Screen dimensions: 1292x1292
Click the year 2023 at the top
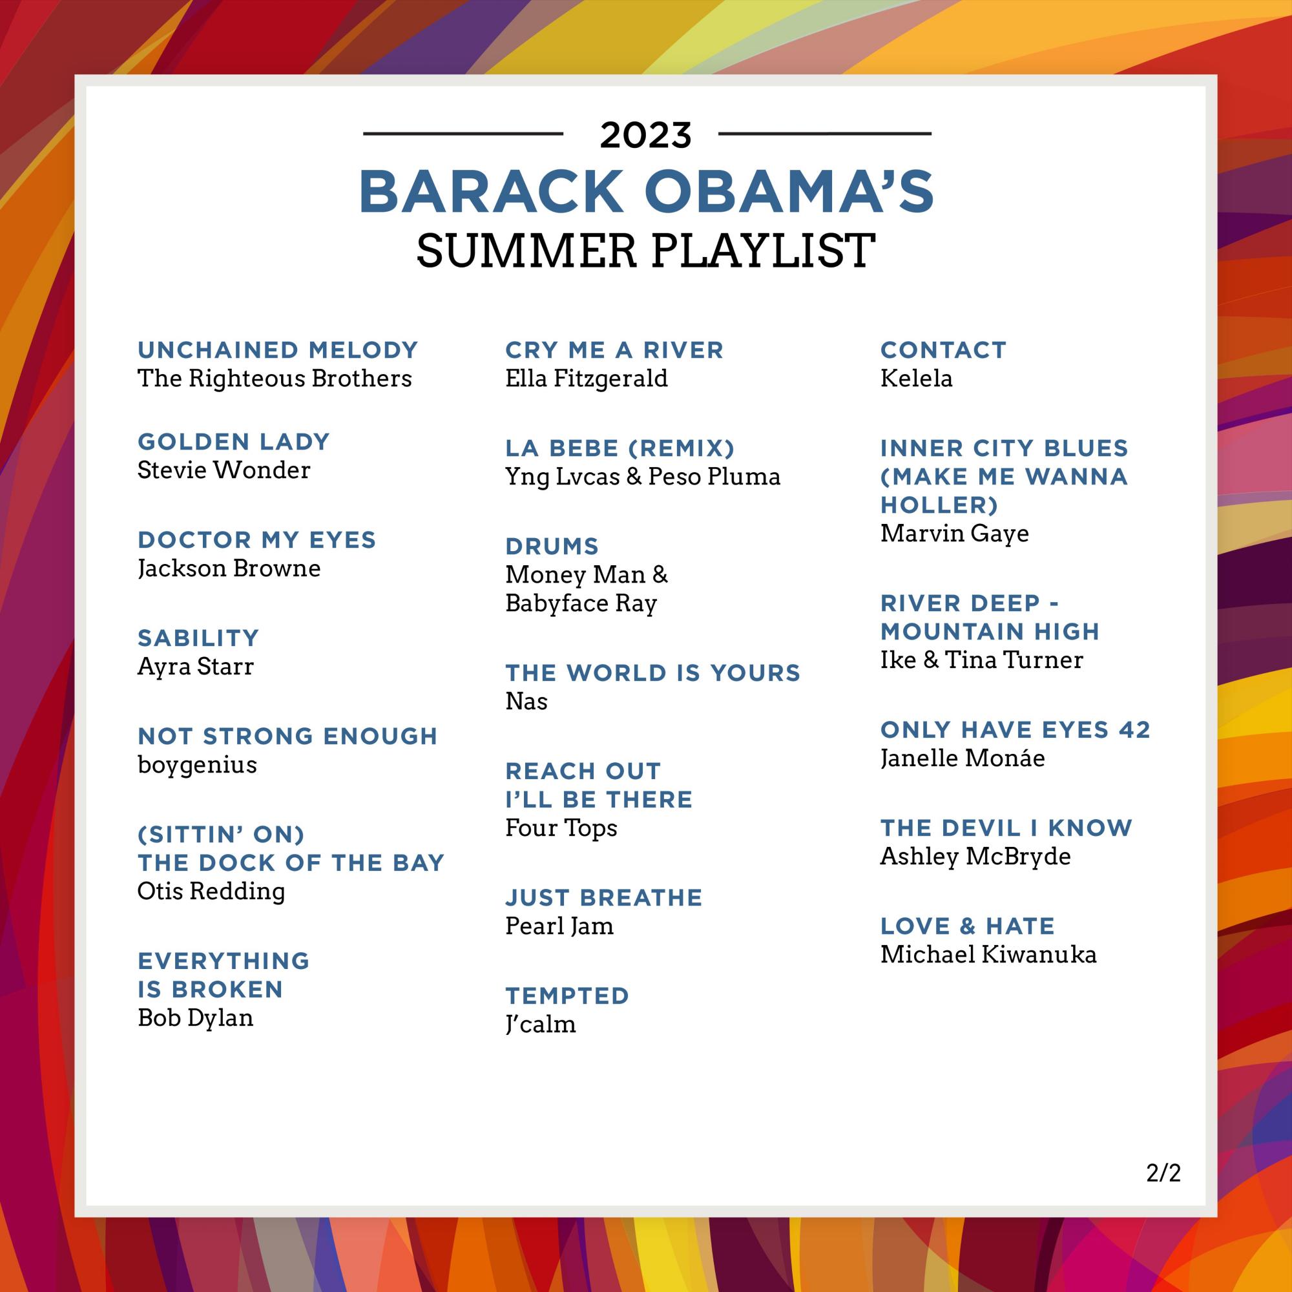645,135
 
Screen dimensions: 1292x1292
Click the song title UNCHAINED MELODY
278,349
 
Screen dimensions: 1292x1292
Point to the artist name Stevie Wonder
224,470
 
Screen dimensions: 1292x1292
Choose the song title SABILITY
198,638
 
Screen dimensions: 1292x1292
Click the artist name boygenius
196,764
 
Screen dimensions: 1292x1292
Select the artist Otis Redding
211,891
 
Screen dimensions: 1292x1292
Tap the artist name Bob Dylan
195,1018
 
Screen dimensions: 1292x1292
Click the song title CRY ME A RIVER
614,349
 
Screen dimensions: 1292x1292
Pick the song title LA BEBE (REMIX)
620,448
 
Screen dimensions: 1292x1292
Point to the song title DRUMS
552,547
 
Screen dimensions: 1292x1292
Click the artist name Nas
526,702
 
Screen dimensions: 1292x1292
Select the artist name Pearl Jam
559,926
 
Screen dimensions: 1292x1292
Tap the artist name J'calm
539,1025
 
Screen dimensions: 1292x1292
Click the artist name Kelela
915,379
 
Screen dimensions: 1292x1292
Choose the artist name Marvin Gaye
953,534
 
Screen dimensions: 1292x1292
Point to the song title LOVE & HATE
967,926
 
